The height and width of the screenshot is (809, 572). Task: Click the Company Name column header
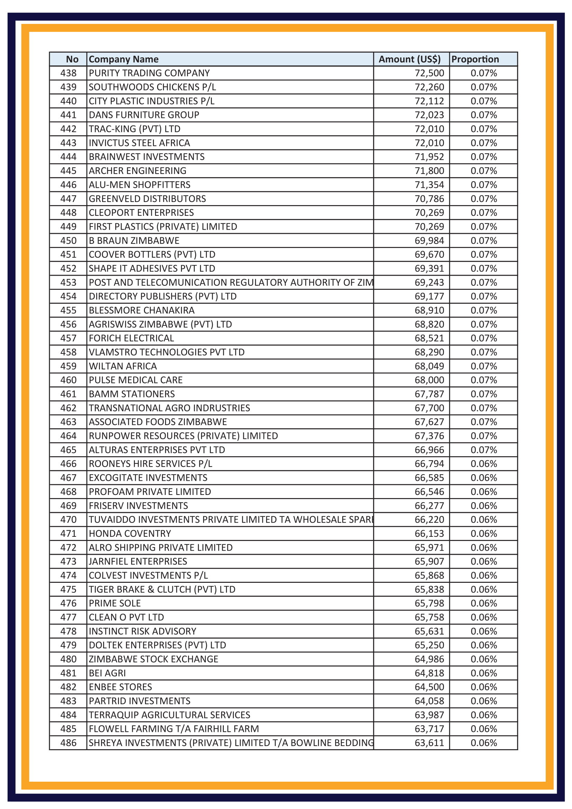124,59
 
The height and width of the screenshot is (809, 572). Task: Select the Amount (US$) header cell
409,59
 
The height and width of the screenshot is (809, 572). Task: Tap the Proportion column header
475,59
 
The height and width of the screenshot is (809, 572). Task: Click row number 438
69,73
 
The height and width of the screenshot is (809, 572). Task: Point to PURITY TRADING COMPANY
149,73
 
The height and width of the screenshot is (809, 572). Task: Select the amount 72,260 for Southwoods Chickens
429,87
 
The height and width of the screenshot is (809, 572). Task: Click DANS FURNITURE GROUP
144,115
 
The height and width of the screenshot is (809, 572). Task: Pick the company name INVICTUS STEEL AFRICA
139,143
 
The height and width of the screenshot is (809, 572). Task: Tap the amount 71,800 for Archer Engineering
429,171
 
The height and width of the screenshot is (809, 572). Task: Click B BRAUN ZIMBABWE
134,241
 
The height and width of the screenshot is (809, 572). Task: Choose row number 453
69,283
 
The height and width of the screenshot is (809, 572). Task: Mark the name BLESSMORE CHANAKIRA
142,310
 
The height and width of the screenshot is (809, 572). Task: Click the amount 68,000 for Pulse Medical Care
429,380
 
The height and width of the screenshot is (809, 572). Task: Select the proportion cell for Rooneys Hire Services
483,464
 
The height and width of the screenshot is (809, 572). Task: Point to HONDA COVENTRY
130,533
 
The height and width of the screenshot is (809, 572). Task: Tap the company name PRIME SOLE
115,603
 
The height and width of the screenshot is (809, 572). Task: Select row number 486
69,743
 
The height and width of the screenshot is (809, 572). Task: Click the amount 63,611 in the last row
429,743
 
